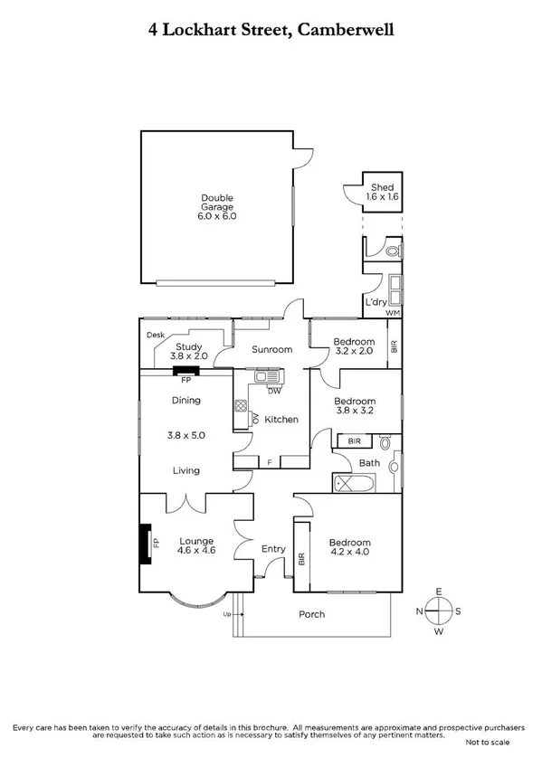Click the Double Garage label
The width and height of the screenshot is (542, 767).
(218, 207)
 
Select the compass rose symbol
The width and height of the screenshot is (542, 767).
(439, 611)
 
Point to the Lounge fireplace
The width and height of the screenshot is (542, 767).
(144, 543)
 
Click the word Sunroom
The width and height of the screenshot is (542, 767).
(272, 349)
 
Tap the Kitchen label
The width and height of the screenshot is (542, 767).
(281, 420)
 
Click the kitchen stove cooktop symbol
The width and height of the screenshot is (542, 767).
(241, 407)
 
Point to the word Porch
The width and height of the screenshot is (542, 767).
(312, 614)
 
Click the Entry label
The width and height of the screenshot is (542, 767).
(272, 549)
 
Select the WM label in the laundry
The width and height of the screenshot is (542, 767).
(392, 313)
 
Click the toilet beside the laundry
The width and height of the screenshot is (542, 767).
(392, 250)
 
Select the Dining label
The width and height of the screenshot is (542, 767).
(185, 401)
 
